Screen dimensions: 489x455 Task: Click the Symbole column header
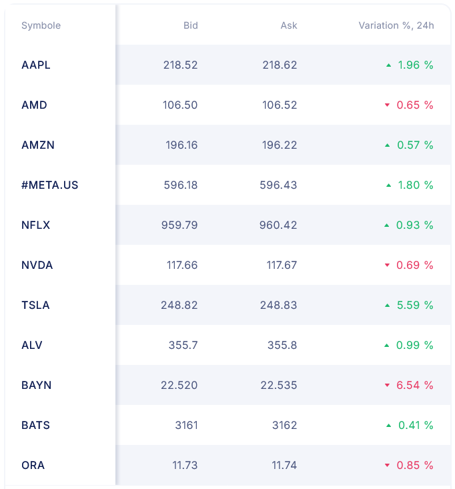pos(41,25)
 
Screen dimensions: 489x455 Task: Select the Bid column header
pos(190,25)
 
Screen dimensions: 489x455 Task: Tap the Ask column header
pos(289,25)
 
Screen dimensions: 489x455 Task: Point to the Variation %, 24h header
pos(396,25)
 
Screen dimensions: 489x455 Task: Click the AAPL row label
pos(36,65)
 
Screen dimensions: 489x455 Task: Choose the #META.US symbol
pos(50,185)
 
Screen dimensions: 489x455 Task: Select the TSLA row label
pos(35,305)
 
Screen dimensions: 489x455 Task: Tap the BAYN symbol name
pos(36,385)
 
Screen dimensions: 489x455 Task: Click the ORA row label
pos(33,465)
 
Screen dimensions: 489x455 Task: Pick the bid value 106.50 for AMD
pos(180,105)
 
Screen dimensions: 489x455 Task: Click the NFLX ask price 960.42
pos(278,225)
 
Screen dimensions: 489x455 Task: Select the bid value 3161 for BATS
pos(186,425)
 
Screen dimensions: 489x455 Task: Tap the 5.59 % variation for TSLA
pos(415,305)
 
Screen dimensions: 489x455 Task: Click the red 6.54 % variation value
pos(415,385)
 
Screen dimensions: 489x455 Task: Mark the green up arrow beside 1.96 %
pos(388,65)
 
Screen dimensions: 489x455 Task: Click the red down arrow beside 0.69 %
pos(386,266)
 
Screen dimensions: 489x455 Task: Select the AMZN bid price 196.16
pos(181,145)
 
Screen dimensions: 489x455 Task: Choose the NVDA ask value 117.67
pos(282,265)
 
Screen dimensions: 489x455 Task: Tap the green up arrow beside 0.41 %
pos(388,426)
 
